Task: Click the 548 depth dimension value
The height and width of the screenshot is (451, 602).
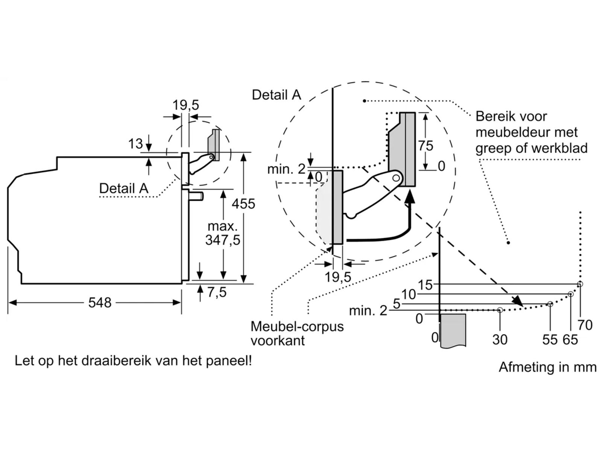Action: (x=100, y=303)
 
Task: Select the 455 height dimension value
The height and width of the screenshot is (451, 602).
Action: (x=243, y=204)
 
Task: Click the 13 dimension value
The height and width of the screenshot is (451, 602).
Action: (x=135, y=144)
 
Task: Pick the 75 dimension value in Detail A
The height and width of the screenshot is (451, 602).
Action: (x=426, y=146)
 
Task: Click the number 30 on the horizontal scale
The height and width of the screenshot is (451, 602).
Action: (x=500, y=339)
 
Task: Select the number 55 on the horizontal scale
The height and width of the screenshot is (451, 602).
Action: (x=550, y=339)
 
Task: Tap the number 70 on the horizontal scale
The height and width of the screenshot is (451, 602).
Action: (x=585, y=324)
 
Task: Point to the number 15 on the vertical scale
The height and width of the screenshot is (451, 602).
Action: (x=425, y=285)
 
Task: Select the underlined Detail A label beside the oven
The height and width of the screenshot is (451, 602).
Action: (x=124, y=188)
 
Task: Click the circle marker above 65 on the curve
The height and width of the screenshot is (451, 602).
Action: (x=570, y=294)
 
